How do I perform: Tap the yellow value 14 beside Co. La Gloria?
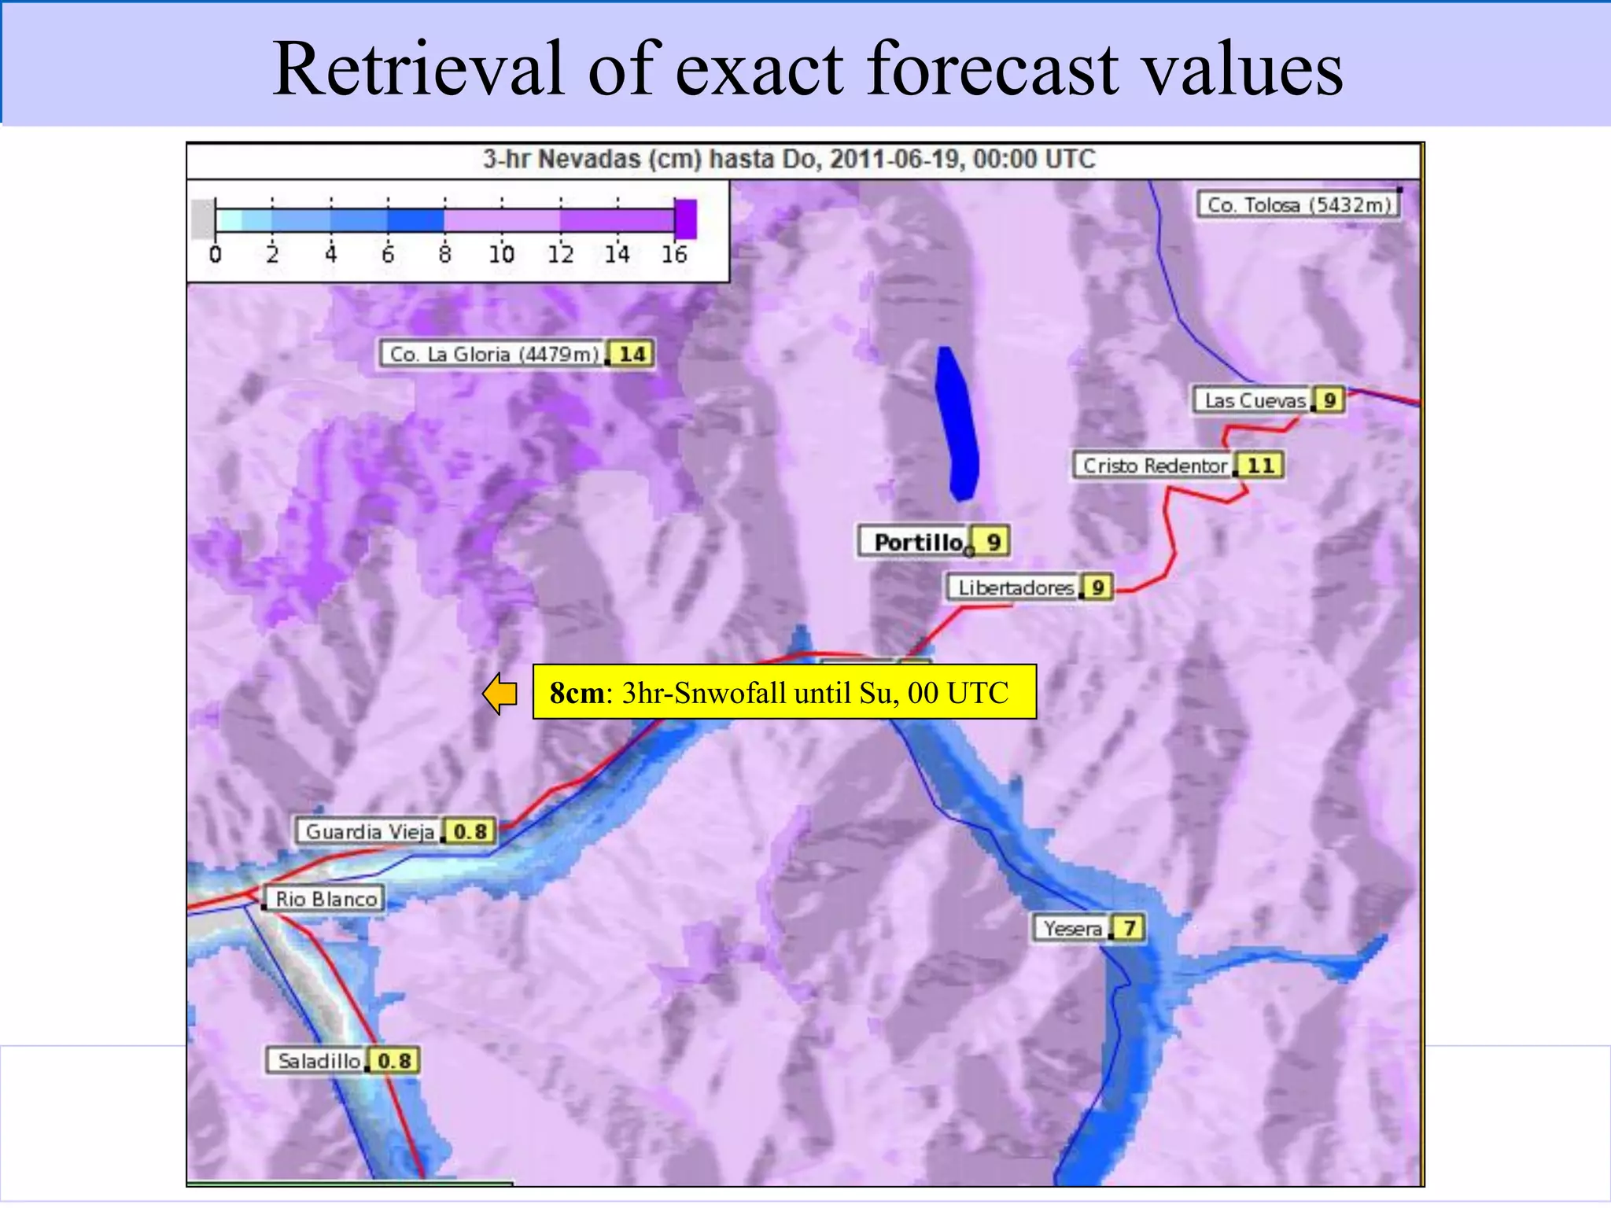pyautogui.click(x=632, y=355)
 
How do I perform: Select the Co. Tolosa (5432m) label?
pyautogui.click(x=1299, y=205)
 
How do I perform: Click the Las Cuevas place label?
pyautogui.click(x=1254, y=400)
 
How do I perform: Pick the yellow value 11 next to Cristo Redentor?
pyautogui.click(x=1260, y=466)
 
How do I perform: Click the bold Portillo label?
pyautogui.click(x=917, y=542)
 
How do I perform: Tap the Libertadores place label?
pyautogui.click(x=1015, y=587)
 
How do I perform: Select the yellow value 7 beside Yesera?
pyautogui.click(x=1129, y=928)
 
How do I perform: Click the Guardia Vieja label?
pyautogui.click(x=369, y=831)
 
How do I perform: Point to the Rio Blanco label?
pyautogui.click(x=326, y=899)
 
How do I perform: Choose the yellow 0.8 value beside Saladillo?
pyautogui.click(x=394, y=1061)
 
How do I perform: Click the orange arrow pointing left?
pyautogui.click(x=500, y=694)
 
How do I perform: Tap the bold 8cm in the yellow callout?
pyautogui.click(x=577, y=693)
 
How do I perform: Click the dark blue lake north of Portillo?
pyautogui.click(x=958, y=425)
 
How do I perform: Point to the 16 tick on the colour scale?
pyautogui.click(x=674, y=254)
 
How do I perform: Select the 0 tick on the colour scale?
pyautogui.click(x=216, y=254)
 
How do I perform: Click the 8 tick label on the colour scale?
pyautogui.click(x=445, y=254)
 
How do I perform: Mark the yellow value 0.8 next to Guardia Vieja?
pyautogui.click(x=470, y=831)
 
